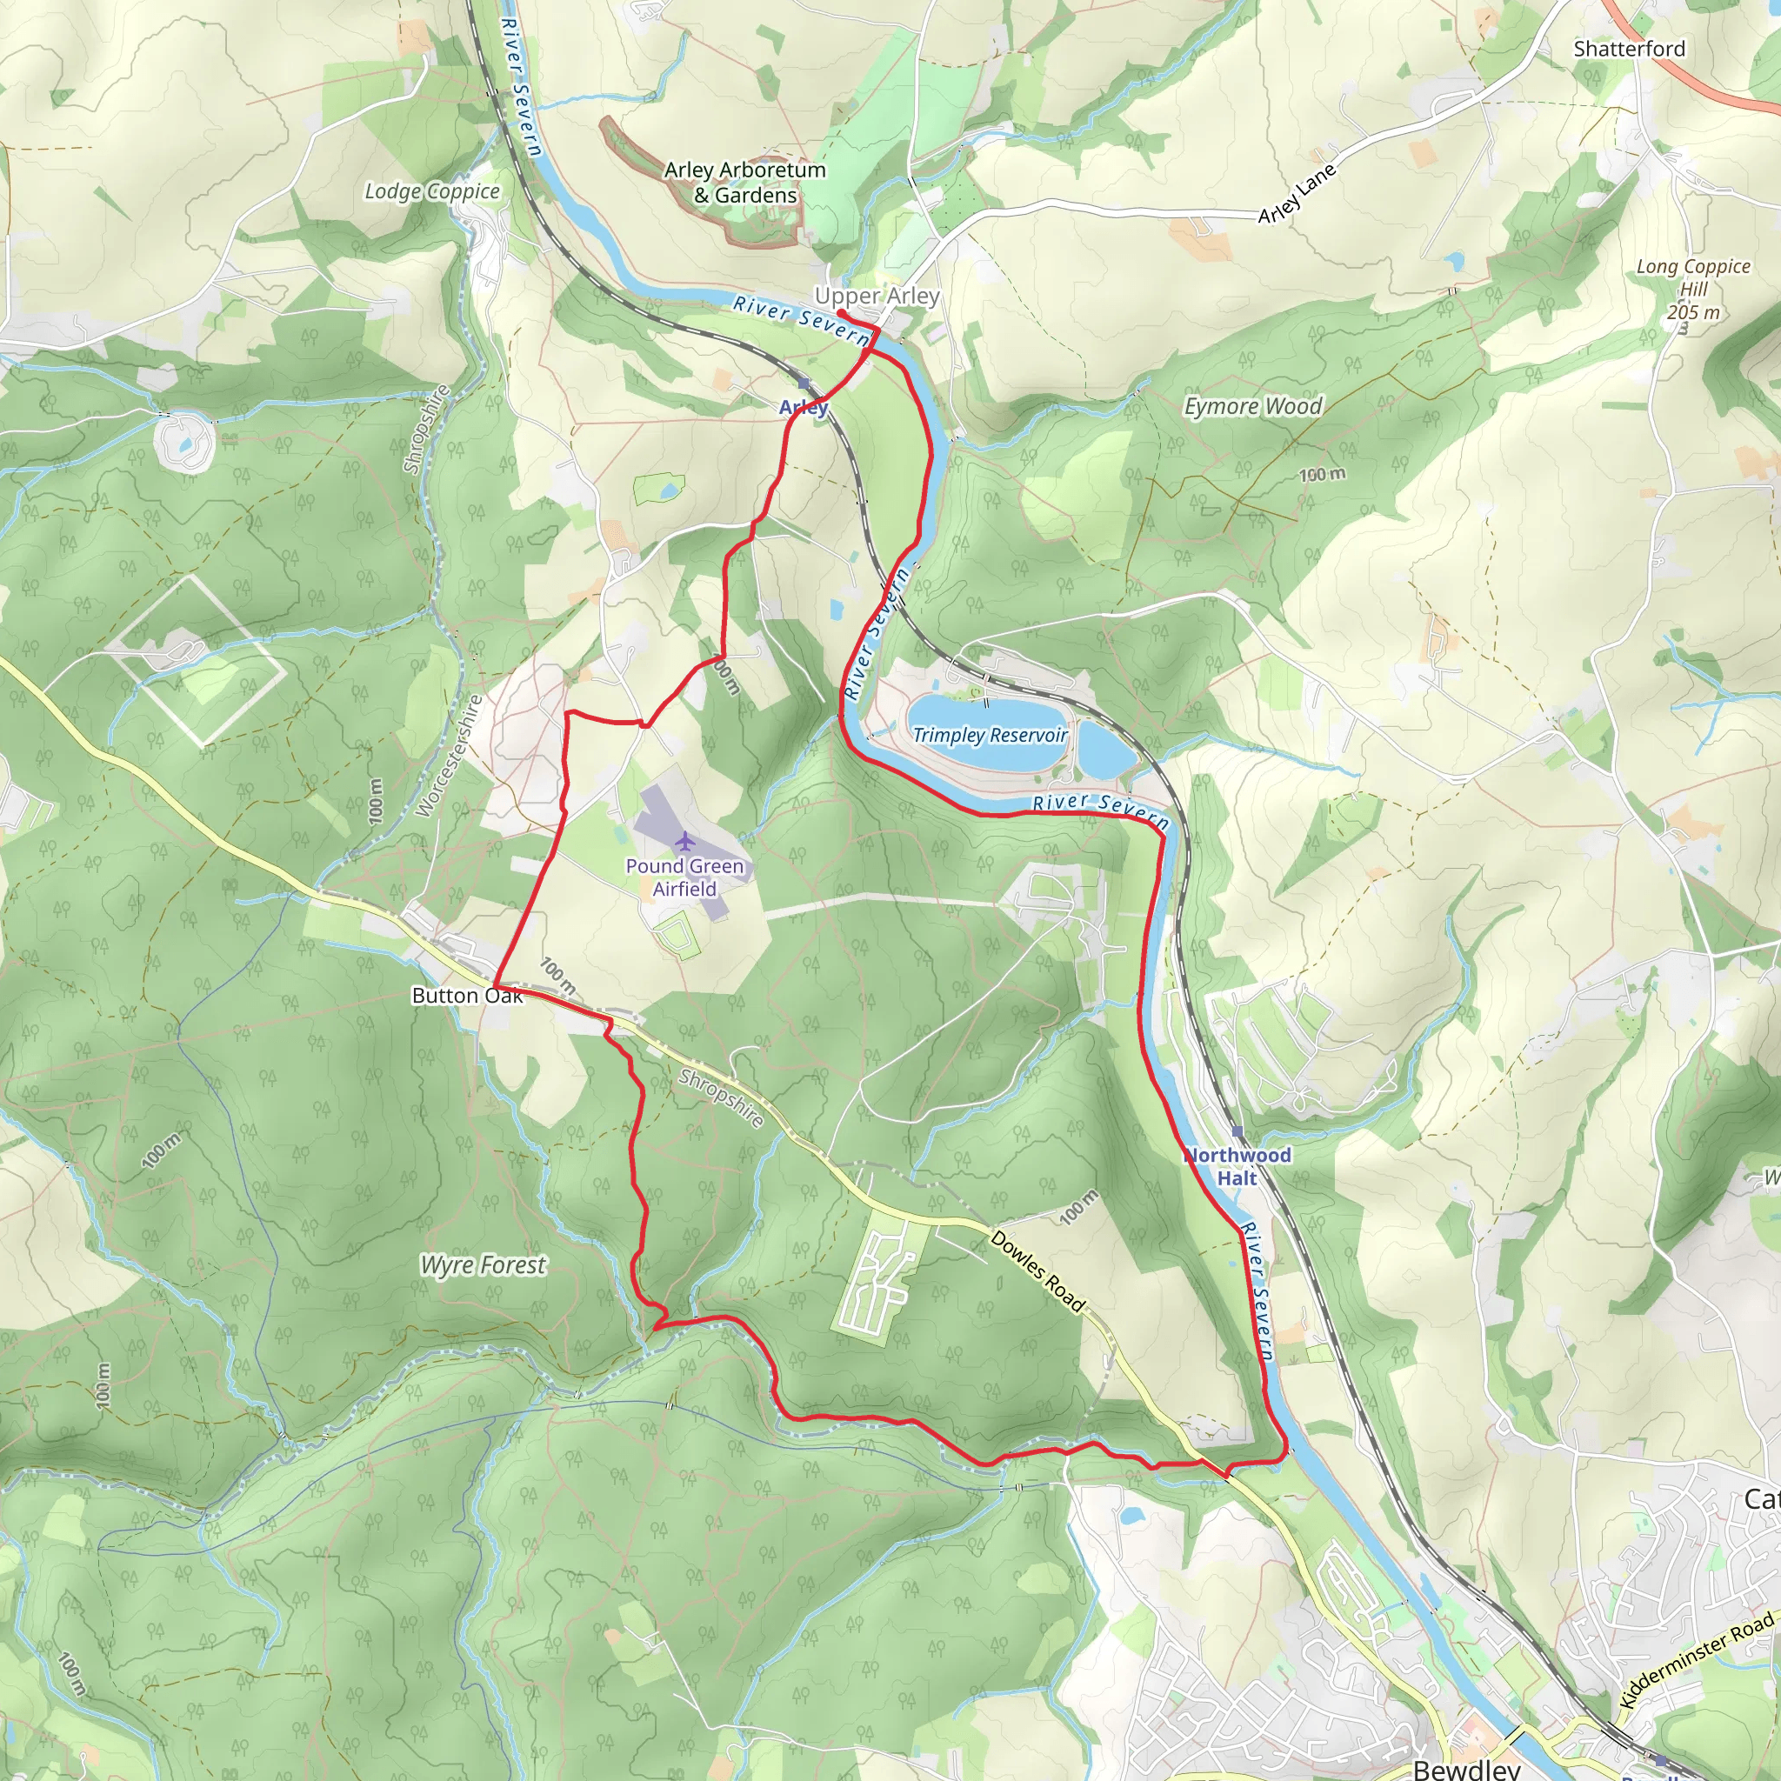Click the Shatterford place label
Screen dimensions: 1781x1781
point(1629,49)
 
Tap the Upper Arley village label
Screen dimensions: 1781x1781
point(877,296)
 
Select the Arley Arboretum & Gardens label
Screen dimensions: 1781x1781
point(745,183)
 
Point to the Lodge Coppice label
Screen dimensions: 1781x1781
point(431,190)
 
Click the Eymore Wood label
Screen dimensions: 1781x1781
point(1253,406)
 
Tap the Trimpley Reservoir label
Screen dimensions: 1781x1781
point(990,735)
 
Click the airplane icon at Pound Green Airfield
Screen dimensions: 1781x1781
point(684,841)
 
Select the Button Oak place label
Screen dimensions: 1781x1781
point(467,996)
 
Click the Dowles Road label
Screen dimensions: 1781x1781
point(1038,1270)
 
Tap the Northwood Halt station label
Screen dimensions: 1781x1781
point(1237,1166)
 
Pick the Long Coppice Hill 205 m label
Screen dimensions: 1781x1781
point(1692,289)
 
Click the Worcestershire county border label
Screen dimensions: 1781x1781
point(449,756)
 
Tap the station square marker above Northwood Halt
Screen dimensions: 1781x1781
point(1237,1131)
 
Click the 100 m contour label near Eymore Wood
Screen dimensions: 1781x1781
point(1322,475)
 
